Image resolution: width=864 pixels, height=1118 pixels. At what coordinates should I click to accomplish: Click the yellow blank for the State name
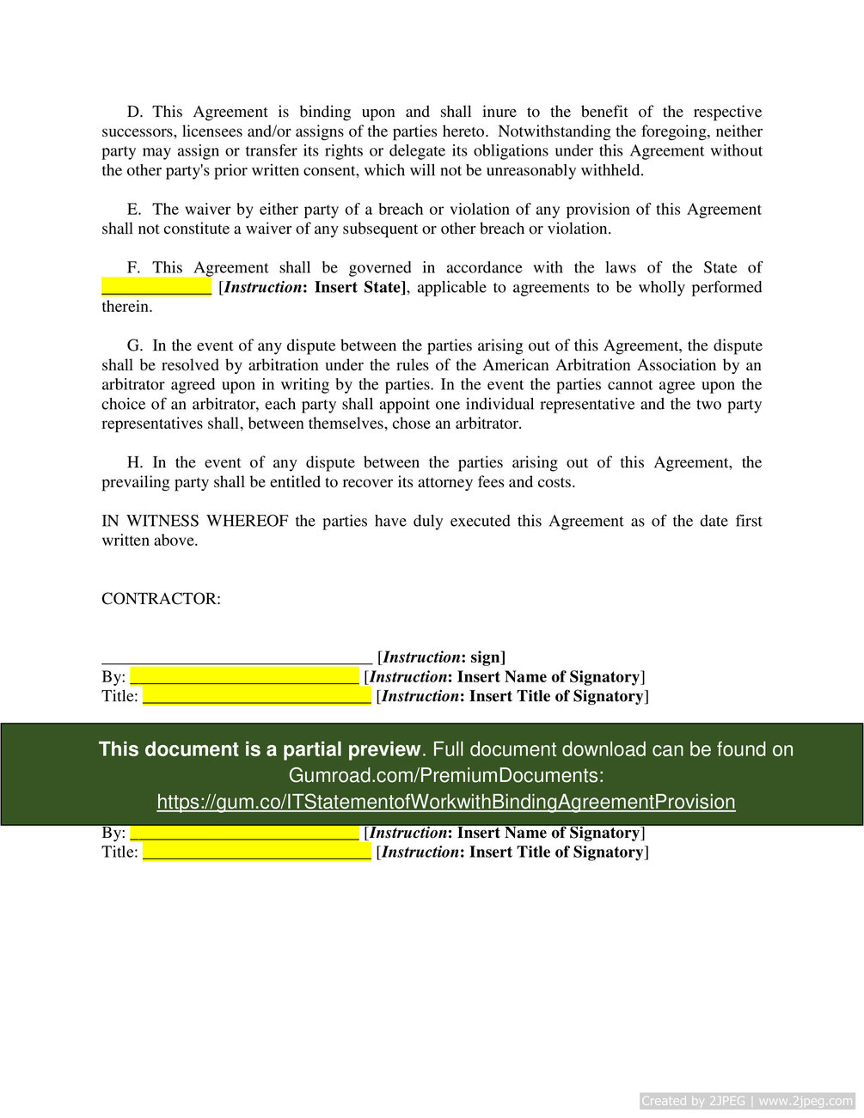coord(156,287)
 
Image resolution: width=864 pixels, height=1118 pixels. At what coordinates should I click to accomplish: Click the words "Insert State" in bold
coord(358,287)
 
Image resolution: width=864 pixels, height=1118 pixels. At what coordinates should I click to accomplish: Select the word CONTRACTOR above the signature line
coord(161,599)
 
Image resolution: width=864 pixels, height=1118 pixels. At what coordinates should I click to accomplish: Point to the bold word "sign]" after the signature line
coord(487,657)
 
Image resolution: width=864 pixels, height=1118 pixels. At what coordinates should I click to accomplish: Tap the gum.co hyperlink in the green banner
coord(445,802)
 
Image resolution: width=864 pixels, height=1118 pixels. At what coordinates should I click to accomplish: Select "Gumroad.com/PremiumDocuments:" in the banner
coord(445,775)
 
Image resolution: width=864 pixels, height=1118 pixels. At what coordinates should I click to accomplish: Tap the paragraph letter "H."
coord(135,462)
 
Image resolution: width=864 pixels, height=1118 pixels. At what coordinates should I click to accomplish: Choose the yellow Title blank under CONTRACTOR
coord(256,696)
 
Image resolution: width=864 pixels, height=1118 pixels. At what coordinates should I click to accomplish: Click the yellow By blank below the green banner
coord(244,833)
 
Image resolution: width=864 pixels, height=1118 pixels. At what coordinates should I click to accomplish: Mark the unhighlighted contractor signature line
coord(236,658)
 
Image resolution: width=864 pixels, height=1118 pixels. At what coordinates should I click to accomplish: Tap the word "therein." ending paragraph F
coord(127,307)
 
